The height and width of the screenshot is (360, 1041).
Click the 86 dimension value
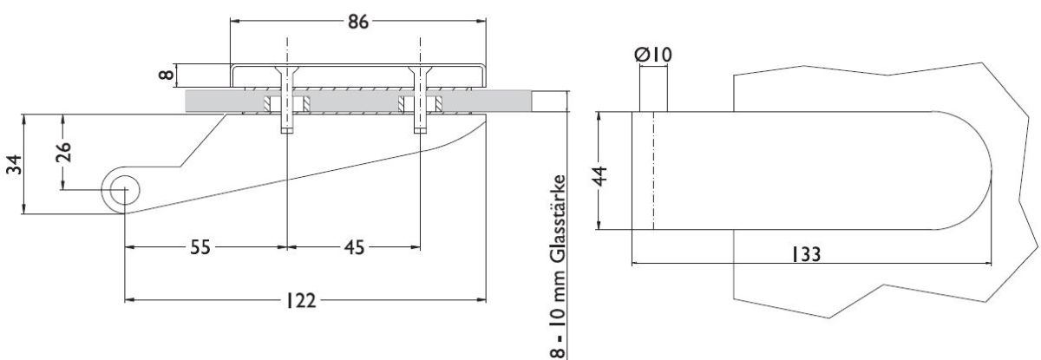coord(357,22)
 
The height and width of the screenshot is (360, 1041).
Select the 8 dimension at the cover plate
coord(167,75)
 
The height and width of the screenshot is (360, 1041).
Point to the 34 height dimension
coord(14,165)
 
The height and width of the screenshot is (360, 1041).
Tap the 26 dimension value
coord(63,152)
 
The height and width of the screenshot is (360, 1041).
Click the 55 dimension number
coord(200,247)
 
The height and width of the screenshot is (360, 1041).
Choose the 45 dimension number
coord(354,247)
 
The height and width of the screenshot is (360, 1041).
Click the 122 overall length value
coord(300,300)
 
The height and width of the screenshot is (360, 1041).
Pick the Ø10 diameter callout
coord(653,55)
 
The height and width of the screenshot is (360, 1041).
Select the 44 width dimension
coord(600,176)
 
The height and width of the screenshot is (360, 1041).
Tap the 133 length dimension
coord(805,254)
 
